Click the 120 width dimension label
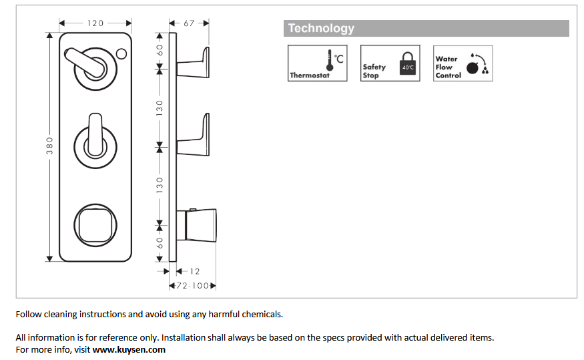[95, 23]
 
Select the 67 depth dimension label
[189, 23]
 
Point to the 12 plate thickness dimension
[194, 271]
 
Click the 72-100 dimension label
[193, 286]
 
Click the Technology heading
[321, 29]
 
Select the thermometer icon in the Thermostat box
[330, 61]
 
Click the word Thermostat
[310, 75]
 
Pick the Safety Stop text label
[374, 71]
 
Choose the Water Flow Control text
[447, 67]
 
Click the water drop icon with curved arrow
[477, 63]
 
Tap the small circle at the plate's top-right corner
[122, 53]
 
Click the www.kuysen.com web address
[129, 349]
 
